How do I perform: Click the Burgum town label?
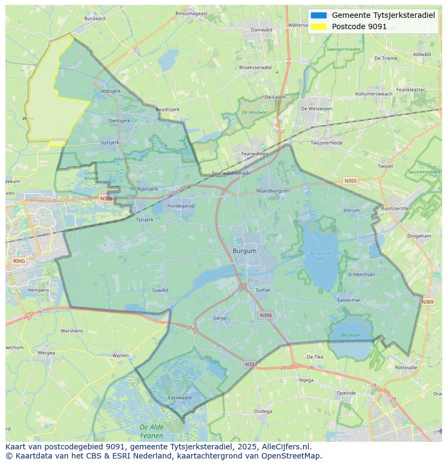coord(245,251)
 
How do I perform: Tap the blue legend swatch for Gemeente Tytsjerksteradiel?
coord(319,15)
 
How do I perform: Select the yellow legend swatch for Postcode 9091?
coord(319,26)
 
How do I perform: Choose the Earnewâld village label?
coord(180,397)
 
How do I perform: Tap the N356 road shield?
coord(266,315)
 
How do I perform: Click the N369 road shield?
coord(428,302)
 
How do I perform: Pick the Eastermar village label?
coord(349,300)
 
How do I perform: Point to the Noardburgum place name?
coord(273,191)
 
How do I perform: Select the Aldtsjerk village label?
coord(111,91)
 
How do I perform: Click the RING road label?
coord(19,261)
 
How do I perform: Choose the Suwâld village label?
coord(160,290)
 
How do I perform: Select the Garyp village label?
coord(220,318)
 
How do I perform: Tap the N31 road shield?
coord(249,365)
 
